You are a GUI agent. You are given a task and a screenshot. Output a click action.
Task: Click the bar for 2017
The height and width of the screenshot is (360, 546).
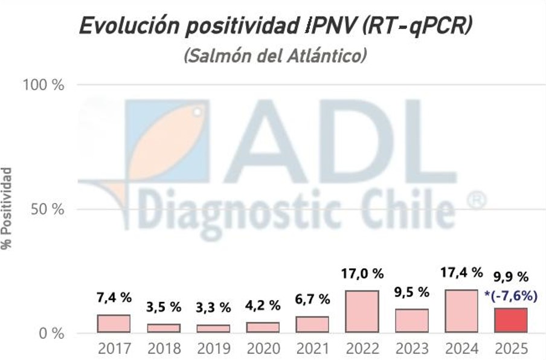click(x=114, y=323)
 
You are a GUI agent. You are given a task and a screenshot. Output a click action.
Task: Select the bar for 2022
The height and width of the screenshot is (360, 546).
click(x=362, y=311)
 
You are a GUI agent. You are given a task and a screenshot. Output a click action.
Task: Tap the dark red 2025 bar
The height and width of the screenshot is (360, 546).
click(x=510, y=320)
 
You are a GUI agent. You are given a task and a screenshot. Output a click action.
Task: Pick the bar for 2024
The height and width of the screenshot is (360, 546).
click(x=461, y=310)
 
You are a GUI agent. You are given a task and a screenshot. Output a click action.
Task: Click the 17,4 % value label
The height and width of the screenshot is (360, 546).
click(x=461, y=273)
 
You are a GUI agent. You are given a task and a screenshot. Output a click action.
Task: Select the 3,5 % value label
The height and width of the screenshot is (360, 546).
click(x=163, y=307)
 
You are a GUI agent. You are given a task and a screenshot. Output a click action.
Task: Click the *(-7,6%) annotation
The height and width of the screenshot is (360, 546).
click(x=510, y=295)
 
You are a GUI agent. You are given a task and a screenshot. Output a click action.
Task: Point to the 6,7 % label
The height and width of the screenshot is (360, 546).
click(x=312, y=299)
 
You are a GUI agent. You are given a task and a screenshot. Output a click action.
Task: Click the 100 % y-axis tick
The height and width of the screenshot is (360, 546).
click(x=43, y=85)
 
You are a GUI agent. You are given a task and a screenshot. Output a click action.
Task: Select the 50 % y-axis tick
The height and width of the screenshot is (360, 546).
click(x=47, y=210)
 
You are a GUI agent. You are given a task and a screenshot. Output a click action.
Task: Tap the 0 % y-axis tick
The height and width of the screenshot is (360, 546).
click(x=51, y=333)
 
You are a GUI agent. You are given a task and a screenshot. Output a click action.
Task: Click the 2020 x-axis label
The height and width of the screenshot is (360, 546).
click(x=263, y=349)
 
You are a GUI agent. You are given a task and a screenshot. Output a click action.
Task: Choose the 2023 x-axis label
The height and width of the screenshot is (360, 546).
click(x=411, y=349)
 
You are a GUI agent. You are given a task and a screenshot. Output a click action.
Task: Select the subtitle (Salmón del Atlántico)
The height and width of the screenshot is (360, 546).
click(x=275, y=56)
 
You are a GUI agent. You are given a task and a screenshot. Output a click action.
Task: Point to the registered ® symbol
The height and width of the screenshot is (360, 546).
click(x=477, y=200)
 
